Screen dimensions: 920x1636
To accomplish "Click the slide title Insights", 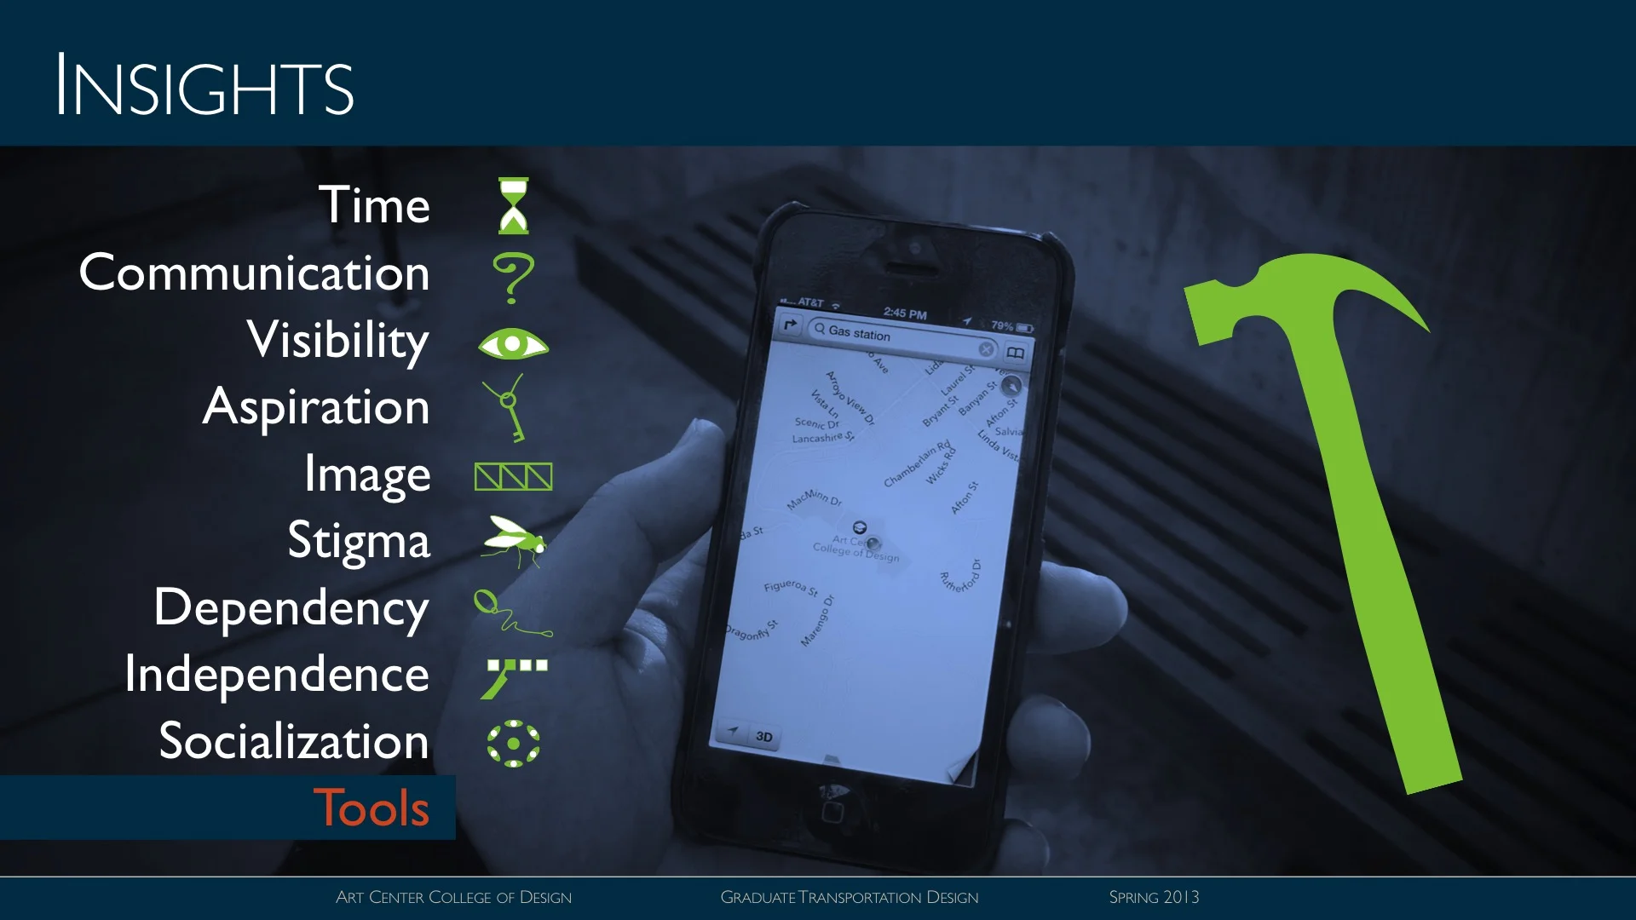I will [x=204, y=86].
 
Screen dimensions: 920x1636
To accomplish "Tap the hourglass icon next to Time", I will [x=513, y=205].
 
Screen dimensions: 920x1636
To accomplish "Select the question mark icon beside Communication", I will [x=513, y=277].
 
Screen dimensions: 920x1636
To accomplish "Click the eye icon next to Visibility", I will [x=513, y=344].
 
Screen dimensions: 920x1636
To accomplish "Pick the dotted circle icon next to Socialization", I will [x=513, y=744].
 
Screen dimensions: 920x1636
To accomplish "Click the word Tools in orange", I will [x=372, y=808].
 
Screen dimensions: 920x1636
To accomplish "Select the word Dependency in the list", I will [x=291, y=608].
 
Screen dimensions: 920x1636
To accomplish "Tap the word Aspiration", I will [x=316, y=407].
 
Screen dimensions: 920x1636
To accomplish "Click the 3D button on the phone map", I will [x=764, y=737].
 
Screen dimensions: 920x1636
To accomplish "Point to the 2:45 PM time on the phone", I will [x=905, y=313].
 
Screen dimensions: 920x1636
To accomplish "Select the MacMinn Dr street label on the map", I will [x=814, y=499].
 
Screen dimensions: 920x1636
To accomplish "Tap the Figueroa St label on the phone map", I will [x=791, y=587].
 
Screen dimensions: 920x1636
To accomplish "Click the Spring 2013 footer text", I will [x=1154, y=897].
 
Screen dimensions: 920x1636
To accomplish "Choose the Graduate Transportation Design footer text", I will [x=850, y=897].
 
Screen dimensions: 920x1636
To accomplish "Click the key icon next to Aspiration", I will [x=509, y=408].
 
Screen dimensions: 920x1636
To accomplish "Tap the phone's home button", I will [x=832, y=810].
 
